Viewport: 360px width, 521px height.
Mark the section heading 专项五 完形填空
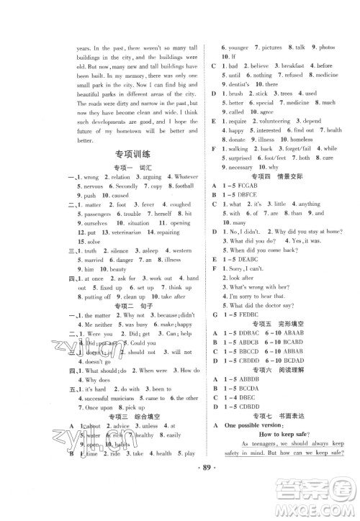pyautogui.click(x=282, y=324)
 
